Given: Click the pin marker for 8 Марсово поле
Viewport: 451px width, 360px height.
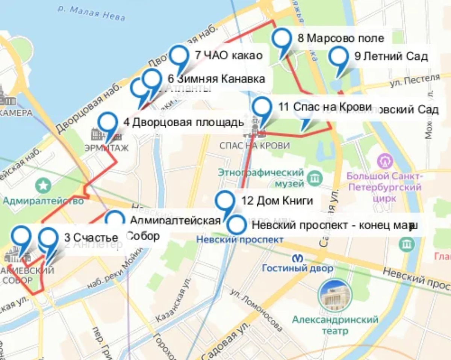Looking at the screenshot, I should coord(282,39).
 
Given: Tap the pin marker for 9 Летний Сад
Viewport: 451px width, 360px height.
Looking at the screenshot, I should coord(338,57).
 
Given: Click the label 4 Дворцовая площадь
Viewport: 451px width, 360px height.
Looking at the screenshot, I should coord(184,123).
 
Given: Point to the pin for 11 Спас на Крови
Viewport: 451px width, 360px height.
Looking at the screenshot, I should coord(262,108).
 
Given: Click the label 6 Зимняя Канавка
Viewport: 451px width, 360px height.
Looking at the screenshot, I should coord(216,79).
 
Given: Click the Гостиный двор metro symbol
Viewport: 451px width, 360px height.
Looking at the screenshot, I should coord(298,258).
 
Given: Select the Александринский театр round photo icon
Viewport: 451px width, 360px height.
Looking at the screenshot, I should coord(335,295).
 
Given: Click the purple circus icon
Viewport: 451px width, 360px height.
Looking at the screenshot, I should coord(385,161).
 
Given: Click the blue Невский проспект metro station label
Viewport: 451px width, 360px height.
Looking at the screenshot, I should coord(240,239).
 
